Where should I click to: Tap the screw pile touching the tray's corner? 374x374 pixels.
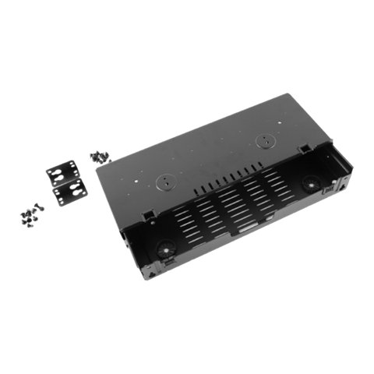[x=98, y=157]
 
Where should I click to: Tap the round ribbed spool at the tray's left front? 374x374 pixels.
[x=164, y=249]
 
